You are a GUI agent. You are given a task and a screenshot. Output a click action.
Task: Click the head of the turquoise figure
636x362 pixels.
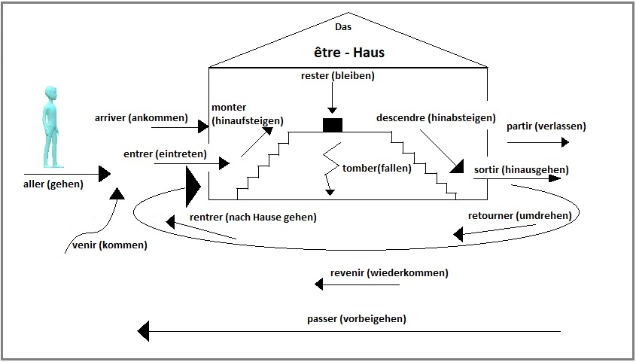pyautogui.click(x=50, y=93)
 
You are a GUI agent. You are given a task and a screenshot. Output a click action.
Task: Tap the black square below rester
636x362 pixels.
pyautogui.click(x=333, y=125)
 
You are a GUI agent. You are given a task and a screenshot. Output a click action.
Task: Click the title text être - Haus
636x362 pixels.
pyautogui.click(x=349, y=52)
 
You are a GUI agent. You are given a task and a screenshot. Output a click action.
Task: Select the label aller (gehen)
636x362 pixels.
pyautogui.click(x=53, y=184)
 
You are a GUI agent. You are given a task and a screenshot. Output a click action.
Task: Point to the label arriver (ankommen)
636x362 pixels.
pyautogui.click(x=142, y=118)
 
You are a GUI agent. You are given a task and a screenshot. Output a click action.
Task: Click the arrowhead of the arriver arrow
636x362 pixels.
pyautogui.click(x=203, y=126)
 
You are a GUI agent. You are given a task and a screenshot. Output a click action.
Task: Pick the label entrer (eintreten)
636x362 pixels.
pyautogui.click(x=165, y=154)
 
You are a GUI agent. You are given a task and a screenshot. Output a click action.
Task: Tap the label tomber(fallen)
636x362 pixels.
pyautogui.click(x=377, y=169)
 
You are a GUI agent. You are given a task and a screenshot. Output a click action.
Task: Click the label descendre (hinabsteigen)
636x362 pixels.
pyautogui.click(x=436, y=118)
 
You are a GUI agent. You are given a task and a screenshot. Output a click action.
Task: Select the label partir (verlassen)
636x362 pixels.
pyautogui.click(x=546, y=126)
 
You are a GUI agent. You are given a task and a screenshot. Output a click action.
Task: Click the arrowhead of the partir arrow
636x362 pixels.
pyautogui.click(x=565, y=142)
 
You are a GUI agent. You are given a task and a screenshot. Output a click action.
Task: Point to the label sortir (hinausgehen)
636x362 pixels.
pyautogui.click(x=521, y=170)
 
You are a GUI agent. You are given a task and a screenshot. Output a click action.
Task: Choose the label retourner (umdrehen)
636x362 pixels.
pyautogui.click(x=519, y=216)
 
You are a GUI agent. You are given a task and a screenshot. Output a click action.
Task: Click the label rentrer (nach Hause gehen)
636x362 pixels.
pyautogui.click(x=253, y=218)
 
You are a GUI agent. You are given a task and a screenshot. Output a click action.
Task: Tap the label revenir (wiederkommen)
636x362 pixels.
pyautogui.click(x=389, y=273)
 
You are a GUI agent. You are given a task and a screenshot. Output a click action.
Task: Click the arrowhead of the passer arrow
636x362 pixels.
pyautogui.click(x=143, y=331)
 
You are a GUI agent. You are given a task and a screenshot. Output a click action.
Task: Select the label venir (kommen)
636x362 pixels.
pyautogui.click(x=110, y=245)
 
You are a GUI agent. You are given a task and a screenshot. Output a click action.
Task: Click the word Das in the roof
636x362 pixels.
pyautogui.click(x=343, y=27)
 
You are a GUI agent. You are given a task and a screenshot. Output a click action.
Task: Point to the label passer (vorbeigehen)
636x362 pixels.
pyautogui.click(x=357, y=319)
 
